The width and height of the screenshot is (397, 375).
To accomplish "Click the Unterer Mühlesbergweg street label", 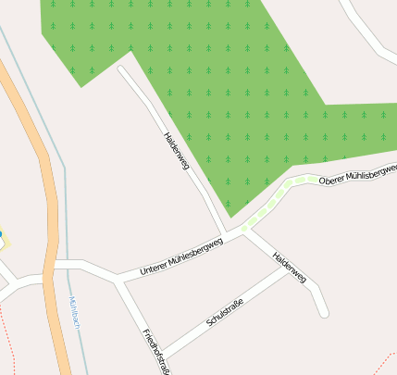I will point(181,256).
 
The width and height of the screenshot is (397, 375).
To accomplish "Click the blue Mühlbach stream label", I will point(75,315).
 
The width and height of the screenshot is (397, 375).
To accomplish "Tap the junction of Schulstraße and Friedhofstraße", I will point(162,356).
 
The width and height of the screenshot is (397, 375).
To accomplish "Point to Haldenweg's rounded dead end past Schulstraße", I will point(323,312).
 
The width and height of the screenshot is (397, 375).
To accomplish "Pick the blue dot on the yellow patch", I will point(1,235).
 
